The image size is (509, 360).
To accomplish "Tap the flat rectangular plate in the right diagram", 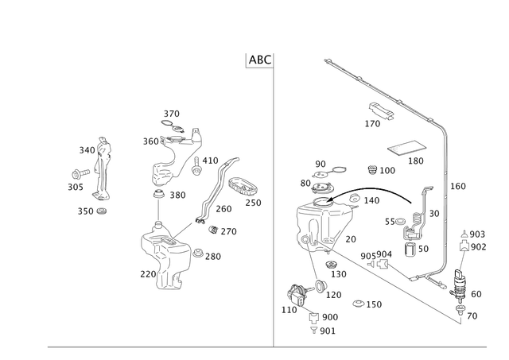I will tap(406, 147).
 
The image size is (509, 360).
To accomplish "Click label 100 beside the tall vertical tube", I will tap(458, 186).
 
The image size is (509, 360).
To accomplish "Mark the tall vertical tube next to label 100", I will tap(446, 199).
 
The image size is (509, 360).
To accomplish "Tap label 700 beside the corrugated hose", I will tap(225, 209).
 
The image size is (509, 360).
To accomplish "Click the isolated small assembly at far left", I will tap(99, 167).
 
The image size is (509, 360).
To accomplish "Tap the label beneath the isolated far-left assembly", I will tap(91, 211).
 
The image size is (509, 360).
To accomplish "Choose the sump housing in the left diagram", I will tap(163, 246).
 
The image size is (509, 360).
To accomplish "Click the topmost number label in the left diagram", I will tap(170, 112).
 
